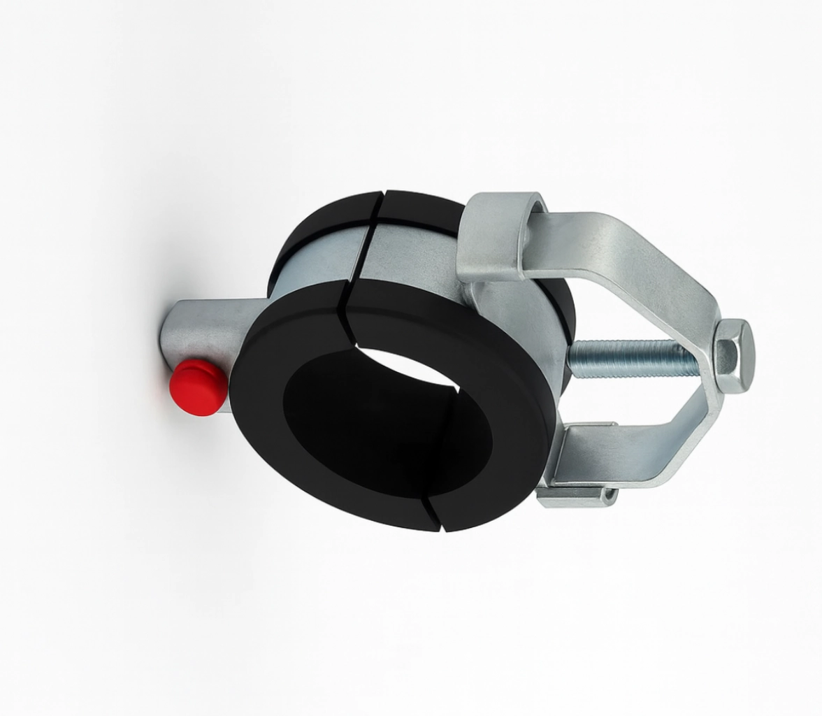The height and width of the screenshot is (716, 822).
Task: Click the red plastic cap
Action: (198, 387)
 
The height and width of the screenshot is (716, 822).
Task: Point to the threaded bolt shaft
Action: (633, 359)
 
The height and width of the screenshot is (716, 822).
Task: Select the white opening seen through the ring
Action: (402, 364)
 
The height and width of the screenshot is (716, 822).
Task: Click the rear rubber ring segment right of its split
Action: (419, 210)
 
